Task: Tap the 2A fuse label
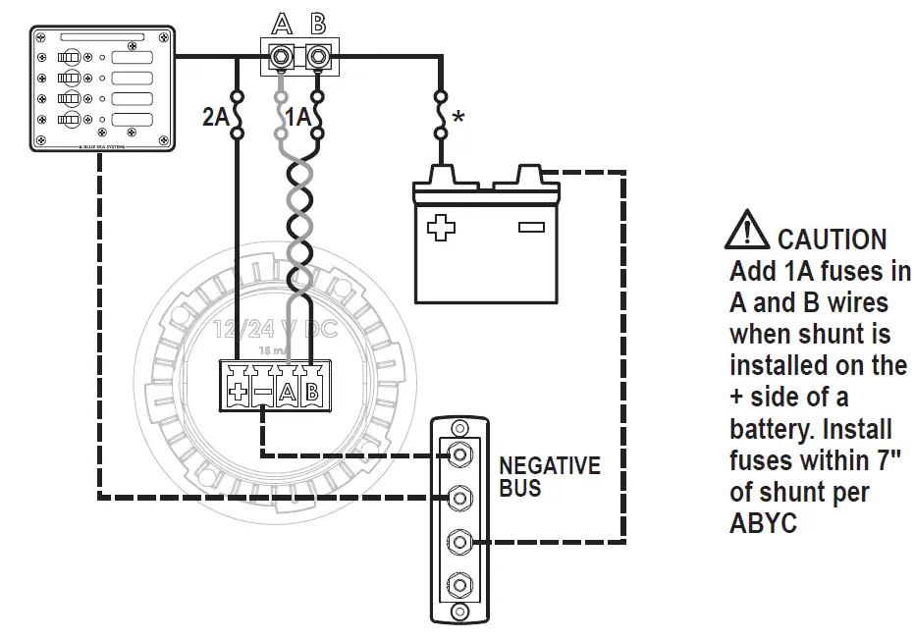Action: [x=214, y=117]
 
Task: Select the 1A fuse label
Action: [x=297, y=117]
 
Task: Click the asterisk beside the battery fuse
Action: [x=457, y=119]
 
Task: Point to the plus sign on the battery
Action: [x=441, y=228]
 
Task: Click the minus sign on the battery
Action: [x=531, y=228]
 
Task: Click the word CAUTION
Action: [x=832, y=240]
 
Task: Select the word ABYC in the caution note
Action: [x=763, y=523]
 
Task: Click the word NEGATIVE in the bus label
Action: [x=550, y=465]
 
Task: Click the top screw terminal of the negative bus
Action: [x=457, y=454]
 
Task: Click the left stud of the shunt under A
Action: [x=282, y=57]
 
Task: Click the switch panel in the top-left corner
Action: [x=101, y=88]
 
